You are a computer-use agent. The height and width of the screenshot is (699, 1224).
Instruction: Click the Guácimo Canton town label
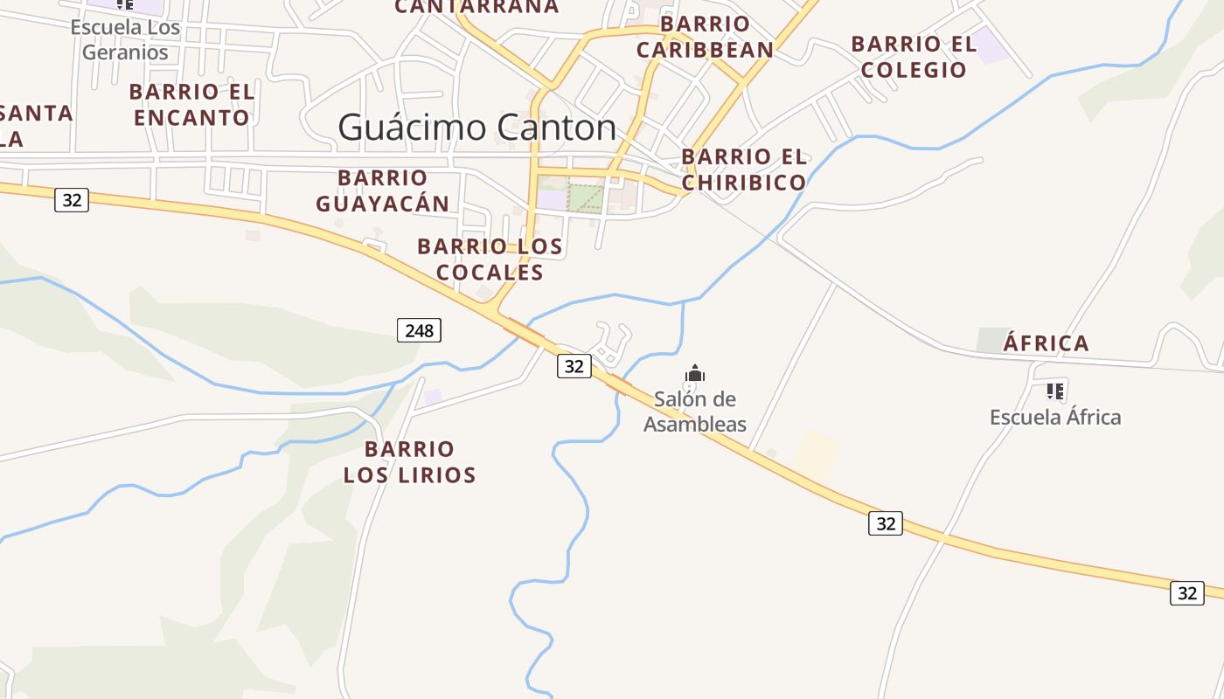tap(477, 128)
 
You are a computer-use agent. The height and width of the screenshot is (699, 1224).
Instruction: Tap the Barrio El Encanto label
tap(191, 104)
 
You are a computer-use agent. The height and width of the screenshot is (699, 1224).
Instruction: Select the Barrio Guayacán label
tap(382, 190)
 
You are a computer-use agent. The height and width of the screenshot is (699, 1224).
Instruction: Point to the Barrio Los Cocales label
tap(490, 260)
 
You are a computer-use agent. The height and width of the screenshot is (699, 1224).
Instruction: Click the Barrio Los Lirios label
tap(409, 462)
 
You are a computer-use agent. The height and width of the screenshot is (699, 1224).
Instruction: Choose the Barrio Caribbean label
tap(705, 37)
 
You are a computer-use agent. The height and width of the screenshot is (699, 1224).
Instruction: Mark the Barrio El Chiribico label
tap(744, 170)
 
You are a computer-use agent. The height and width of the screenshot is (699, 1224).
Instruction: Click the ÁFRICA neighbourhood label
tap(1046, 343)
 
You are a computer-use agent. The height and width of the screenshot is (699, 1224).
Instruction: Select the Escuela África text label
tap(1055, 417)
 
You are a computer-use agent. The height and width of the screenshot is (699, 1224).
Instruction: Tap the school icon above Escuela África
tap(1055, 391)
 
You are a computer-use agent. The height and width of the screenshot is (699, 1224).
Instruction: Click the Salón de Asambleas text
tap(695, 412)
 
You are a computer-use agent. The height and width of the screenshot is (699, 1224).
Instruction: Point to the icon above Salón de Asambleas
tap(695, 374)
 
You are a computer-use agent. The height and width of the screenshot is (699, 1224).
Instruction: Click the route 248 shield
tap(419, 330)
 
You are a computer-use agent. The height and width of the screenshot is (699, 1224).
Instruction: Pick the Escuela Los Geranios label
tap(125, 39)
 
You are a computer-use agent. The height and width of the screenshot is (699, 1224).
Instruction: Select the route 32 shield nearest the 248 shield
tap(574, 366)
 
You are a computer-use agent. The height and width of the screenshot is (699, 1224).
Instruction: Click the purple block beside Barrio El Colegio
tap(990, 45)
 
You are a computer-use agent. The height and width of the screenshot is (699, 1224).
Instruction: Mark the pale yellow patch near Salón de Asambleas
tap(817, 453)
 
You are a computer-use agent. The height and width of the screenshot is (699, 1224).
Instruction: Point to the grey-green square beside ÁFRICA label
tap(992, 340)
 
